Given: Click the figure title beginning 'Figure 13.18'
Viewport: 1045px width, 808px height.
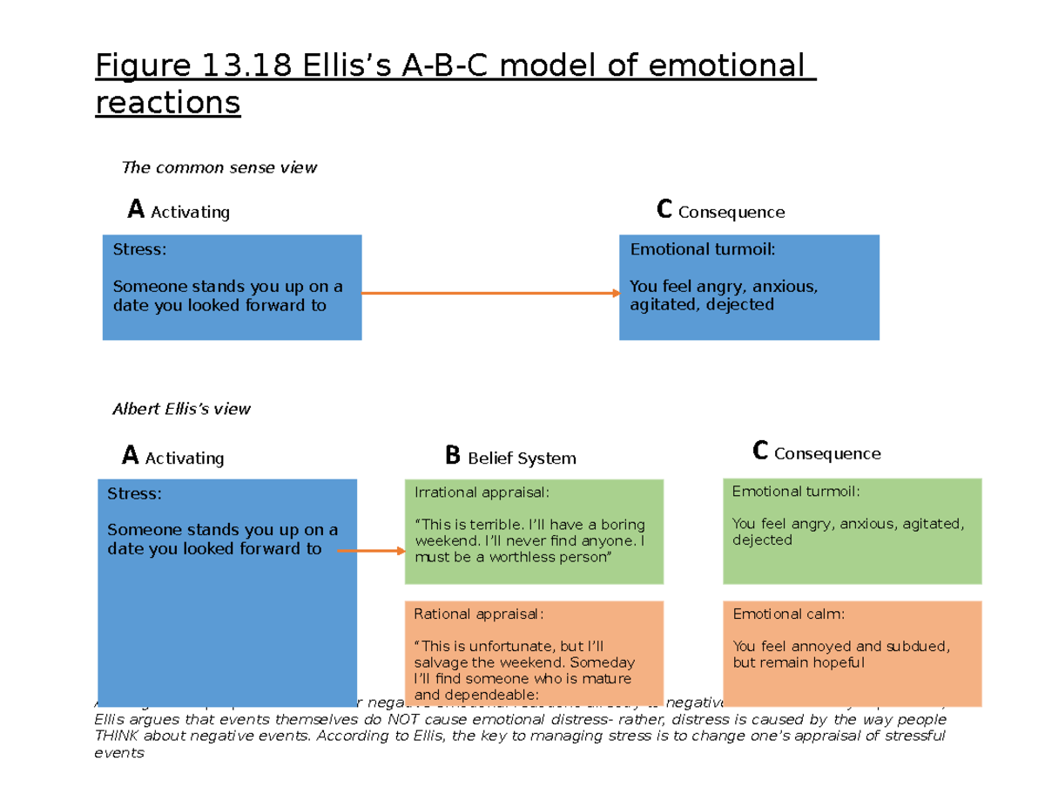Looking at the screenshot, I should (x=455, y=84).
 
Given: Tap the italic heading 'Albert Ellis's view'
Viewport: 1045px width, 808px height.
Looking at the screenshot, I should (x=181, y=409).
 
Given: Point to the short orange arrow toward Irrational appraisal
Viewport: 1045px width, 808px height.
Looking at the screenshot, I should (x=371, y=551).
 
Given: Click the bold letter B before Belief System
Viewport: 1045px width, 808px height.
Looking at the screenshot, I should (x=452, y=456).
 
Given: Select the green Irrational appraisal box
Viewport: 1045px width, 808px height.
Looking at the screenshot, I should (x=534, y=532).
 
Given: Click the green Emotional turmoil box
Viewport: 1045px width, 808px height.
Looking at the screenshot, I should (x=852, y=532).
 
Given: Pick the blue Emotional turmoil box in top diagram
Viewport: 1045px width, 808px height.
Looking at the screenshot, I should (x=749, y=287).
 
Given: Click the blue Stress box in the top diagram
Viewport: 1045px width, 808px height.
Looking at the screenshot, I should (x=232, y=287).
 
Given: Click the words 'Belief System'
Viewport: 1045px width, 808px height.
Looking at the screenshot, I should (x=522, y=458).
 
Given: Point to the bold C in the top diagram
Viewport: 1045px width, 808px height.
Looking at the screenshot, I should (x=664, y=210).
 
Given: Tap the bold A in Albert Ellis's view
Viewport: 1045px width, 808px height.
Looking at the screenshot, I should (x=130, y=456).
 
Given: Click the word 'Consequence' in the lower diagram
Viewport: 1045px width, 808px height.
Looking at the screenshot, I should (x=827, y=454).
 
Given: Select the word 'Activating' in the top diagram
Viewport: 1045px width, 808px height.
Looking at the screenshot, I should (x=190, y=213).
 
